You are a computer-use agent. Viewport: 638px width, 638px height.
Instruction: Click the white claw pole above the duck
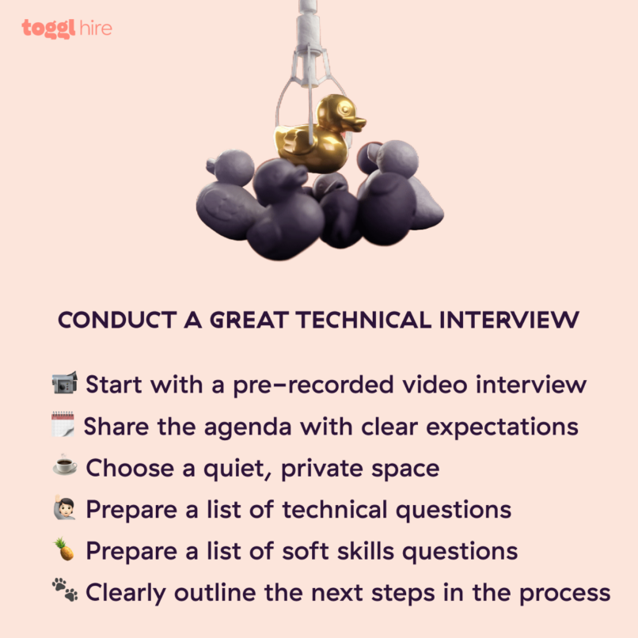pos(310,24)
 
